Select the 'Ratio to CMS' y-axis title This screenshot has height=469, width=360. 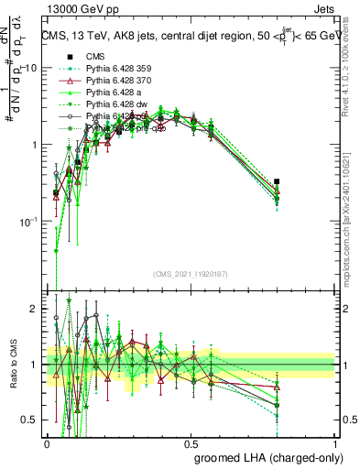point(12,366)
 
